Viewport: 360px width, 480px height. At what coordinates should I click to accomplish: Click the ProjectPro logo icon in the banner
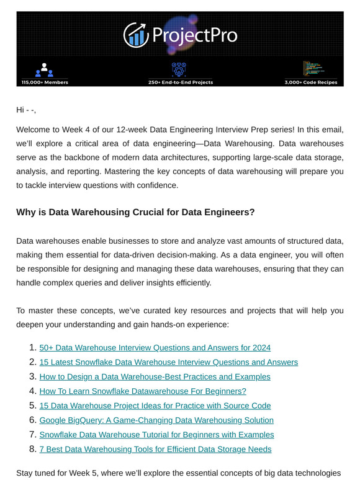click(x=135, y=35)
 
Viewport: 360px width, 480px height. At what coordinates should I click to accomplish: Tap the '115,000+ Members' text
click(x=45, y=82)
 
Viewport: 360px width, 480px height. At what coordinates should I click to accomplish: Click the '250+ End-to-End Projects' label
click(x=180, y=82)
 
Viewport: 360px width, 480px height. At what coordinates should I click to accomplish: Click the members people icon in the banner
click(x=45, y=69)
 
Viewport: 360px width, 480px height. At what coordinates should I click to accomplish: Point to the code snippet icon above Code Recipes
click(x=312, y=69)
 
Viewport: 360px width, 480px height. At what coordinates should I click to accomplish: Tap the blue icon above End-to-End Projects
click(x=179, y=69)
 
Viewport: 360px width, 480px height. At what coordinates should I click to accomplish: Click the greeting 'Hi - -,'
click(x=26, y=110)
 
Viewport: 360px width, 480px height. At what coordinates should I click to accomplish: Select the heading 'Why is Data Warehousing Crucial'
click(x=135, y=212)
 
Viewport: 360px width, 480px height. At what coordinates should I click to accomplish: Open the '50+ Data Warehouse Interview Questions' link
click(x=155, y=348)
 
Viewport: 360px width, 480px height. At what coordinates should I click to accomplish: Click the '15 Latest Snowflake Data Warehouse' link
click(x=168, y=362)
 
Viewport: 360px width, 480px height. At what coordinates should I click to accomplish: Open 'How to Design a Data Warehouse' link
click(x=155, y=376)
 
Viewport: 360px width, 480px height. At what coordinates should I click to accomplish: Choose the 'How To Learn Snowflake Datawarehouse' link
click(x=143, y=391)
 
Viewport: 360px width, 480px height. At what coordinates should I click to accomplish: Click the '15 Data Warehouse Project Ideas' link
click(x=155, y=406)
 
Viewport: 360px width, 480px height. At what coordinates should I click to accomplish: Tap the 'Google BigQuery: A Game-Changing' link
click(x=156, y=420)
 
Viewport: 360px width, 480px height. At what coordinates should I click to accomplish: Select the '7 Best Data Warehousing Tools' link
click(x=155, y=449)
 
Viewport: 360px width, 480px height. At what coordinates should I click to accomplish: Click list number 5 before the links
click(x=32, y=406)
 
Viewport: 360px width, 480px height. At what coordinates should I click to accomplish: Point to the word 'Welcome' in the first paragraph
click(x=34, y=130)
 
